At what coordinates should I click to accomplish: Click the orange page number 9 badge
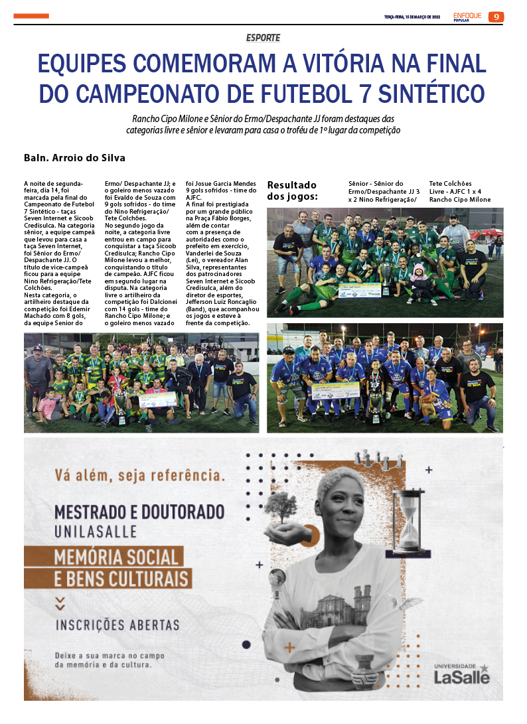[x=496, y=17]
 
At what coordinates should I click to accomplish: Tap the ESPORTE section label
[x=263, y=38]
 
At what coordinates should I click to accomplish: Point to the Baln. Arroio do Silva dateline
[x=74, y=159]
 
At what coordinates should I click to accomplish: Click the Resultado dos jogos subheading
[x=292, y=190]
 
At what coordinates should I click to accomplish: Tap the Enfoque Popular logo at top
[x=467, y=16]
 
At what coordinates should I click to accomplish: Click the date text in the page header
[x=412, y=17]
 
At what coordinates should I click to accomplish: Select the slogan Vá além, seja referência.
[x=140, y=476]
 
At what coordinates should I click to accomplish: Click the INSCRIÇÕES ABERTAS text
[x=117, y=624]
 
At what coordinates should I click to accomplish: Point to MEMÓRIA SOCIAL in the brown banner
[x=117, y=556]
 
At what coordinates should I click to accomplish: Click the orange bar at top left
[x=31, y=16]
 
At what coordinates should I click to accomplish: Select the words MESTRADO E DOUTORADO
[x=139, y=512]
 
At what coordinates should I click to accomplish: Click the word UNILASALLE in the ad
[x=96, y=532]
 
